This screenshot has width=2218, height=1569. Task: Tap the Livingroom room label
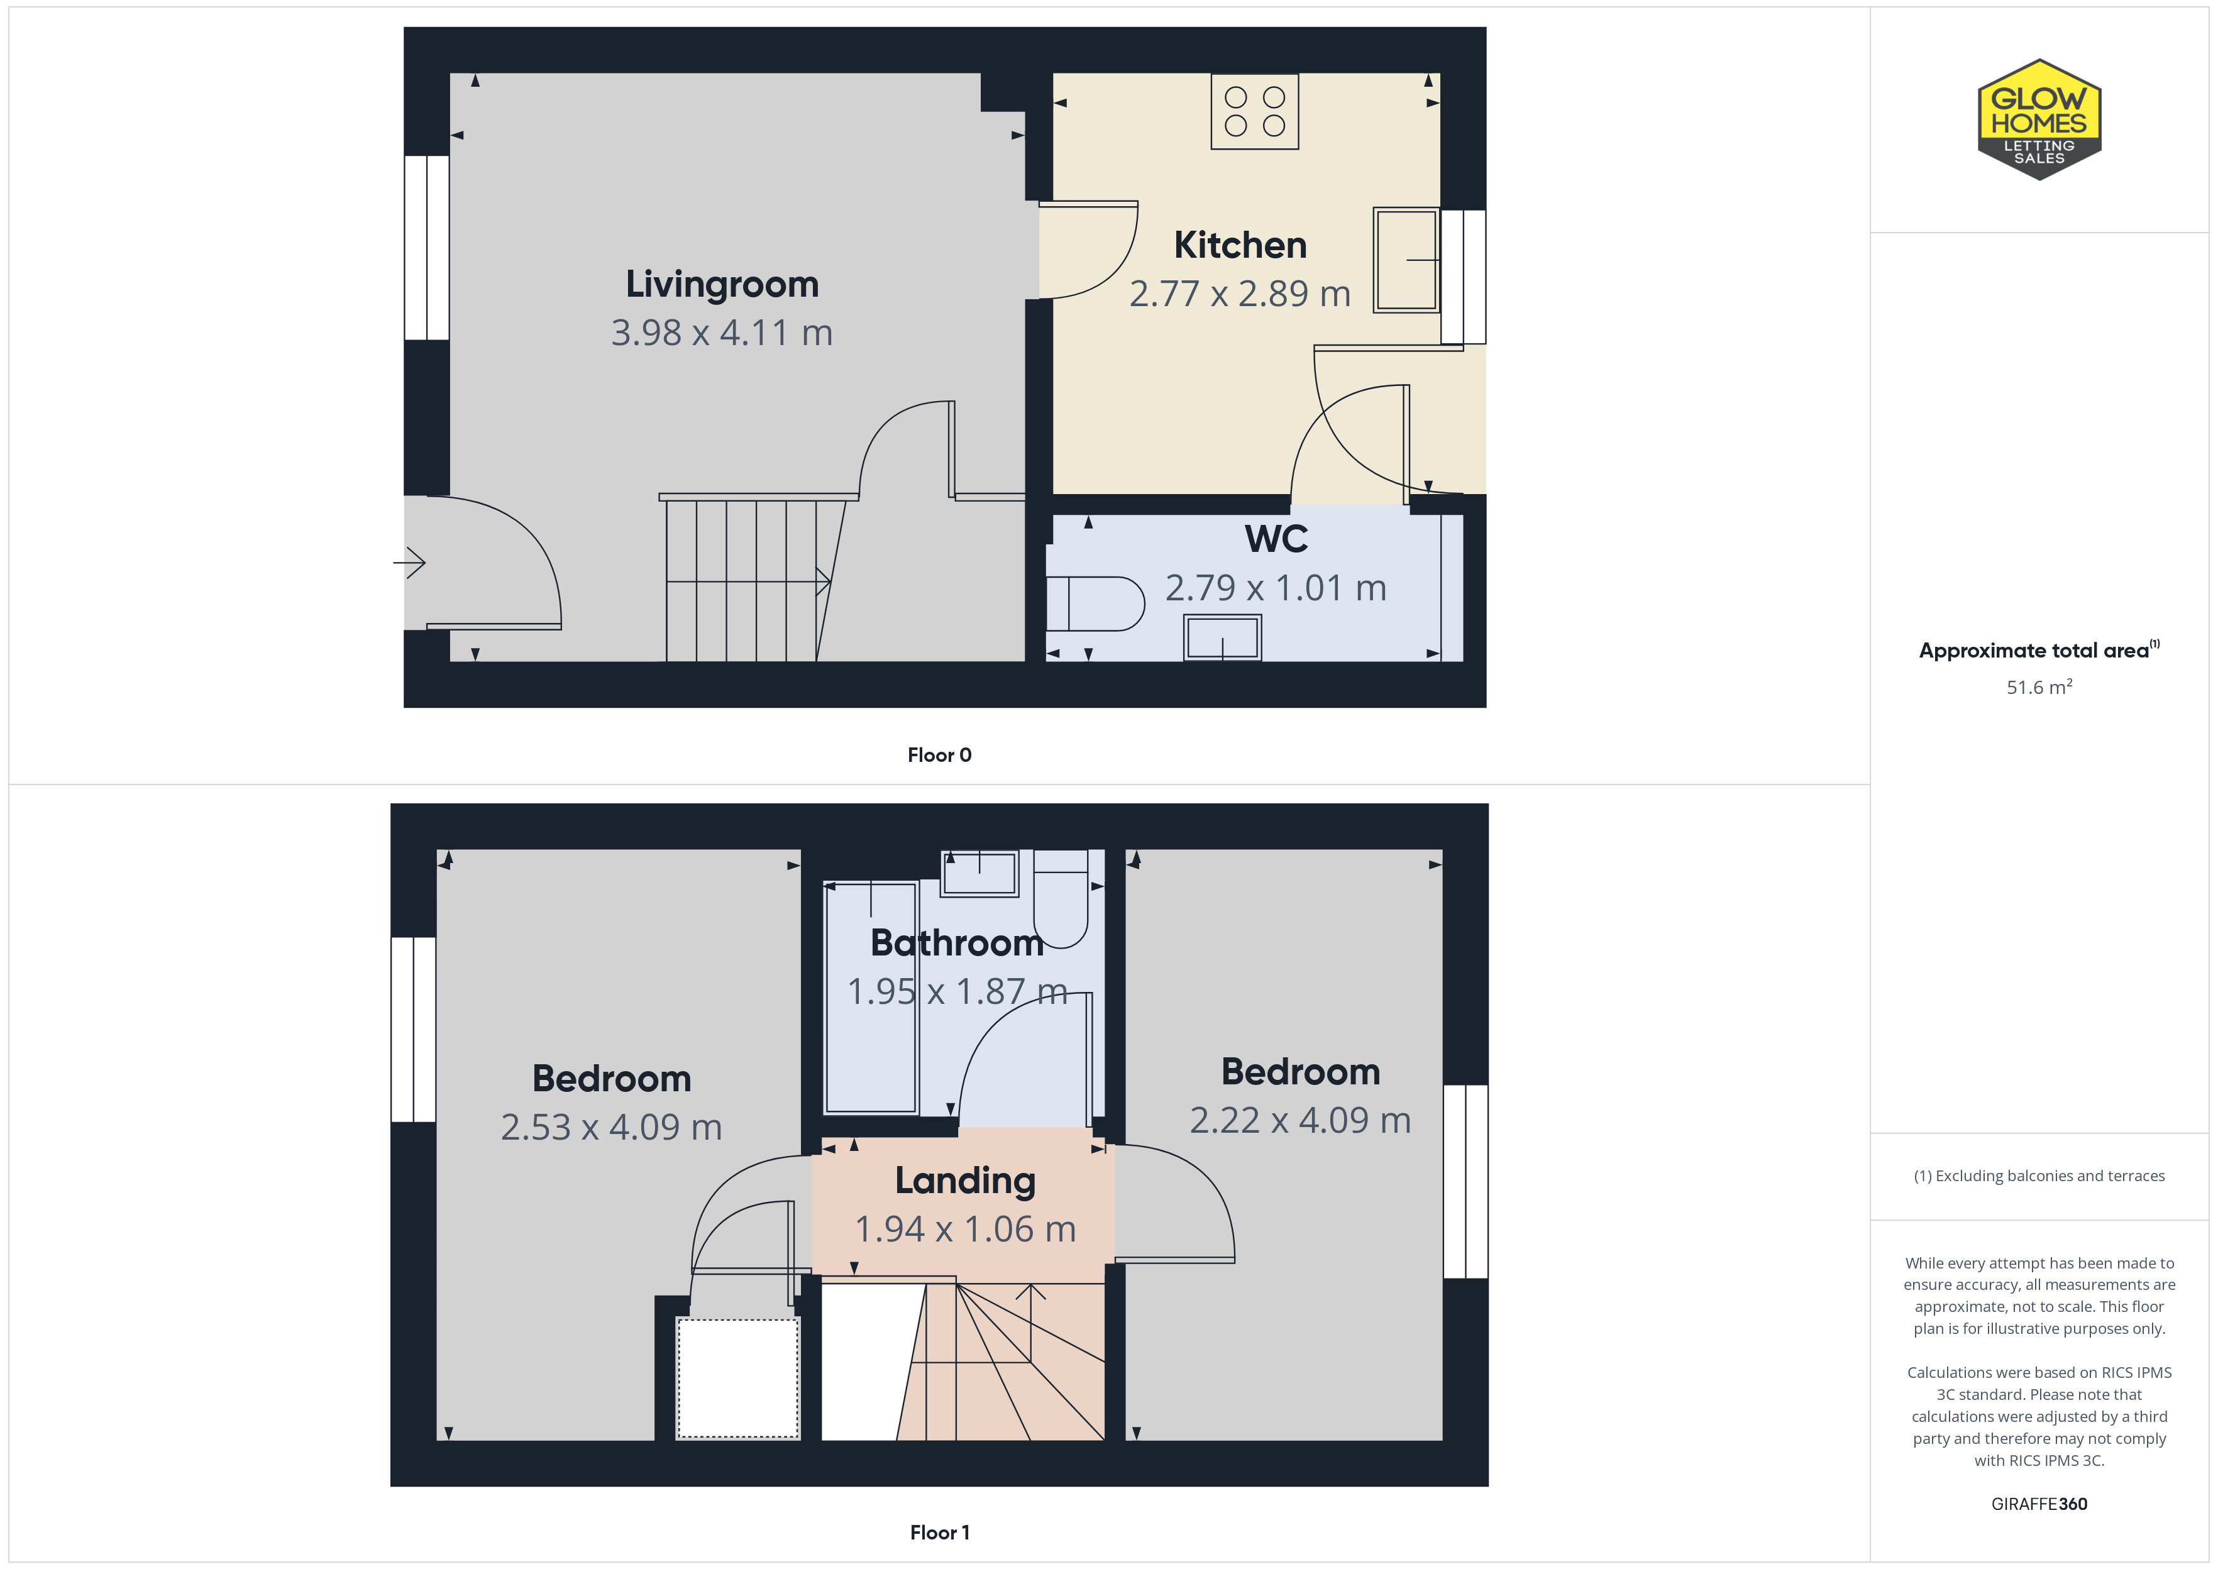722,284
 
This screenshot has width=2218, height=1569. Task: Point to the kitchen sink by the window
1406,259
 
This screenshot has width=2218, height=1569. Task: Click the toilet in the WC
1095,604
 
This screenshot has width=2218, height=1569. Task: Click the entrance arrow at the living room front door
410,563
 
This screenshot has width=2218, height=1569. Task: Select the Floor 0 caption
939,756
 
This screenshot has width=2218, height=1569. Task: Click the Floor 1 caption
939,1533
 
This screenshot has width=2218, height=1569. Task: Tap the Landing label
965,1181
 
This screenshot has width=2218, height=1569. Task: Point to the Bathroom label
956,943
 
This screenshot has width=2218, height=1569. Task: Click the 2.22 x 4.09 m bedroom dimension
1299,1121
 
